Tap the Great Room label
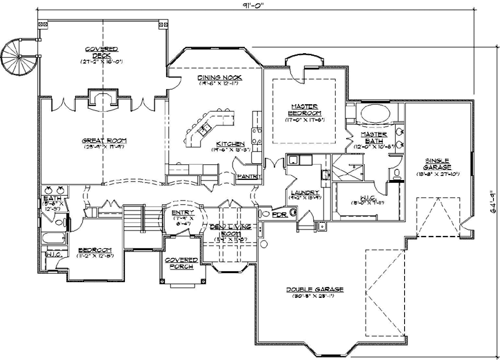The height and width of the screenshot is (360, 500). click(x=101, y=141)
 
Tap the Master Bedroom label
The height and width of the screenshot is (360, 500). click(x=303, y=110)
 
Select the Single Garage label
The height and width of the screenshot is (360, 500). click(x=439, y=164)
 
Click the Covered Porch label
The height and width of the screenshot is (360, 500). click(x=181, y=263)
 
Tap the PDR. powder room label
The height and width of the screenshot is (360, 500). click(x=280, y=214)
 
